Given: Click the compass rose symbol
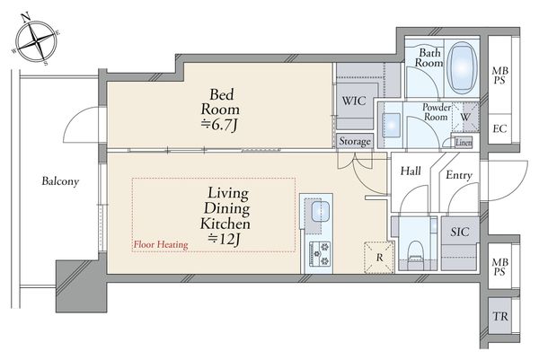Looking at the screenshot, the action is tap(36, 40).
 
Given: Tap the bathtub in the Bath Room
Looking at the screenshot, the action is tap(463, 68).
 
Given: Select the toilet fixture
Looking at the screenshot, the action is tap(415, 253).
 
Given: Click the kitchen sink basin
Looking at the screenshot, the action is tap(321, 212).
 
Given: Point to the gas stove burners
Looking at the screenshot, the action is tap(320, 254).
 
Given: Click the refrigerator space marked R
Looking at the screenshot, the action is tap(379, 258).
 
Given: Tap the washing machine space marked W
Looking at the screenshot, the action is tap(464, 117).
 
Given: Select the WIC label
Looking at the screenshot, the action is tap(354, 101).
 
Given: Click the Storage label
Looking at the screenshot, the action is tap(355, 141).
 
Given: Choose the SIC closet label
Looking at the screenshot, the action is tap(460, 232).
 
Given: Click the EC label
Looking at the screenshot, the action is tap(499, 128).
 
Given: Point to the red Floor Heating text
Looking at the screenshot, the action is tap(161, 244).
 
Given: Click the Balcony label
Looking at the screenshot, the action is tap(60, 181).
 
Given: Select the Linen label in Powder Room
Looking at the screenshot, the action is tap(464, 143).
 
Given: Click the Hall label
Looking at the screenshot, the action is tap(411, 171).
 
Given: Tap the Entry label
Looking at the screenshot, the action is tap(459, 175).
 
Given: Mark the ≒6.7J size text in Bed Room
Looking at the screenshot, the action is tap(219, 125).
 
